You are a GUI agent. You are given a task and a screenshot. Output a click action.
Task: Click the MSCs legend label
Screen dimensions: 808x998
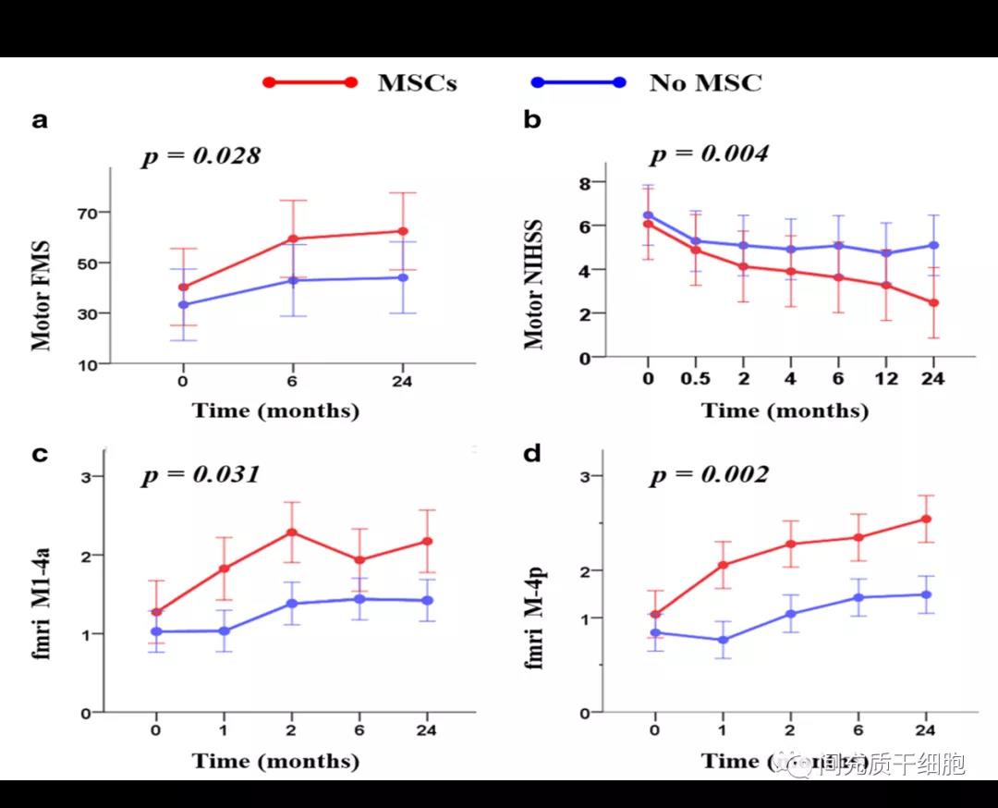click(x=417, y=82)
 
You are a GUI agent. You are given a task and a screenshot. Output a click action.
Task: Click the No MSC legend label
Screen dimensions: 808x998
click(x=705, y=82)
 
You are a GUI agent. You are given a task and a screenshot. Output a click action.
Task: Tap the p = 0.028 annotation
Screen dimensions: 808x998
click(x=201, y=156)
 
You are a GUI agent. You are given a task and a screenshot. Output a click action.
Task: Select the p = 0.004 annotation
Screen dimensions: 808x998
click(x=709, y=153)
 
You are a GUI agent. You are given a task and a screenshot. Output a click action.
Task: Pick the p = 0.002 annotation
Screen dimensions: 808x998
click(x=709, y=475)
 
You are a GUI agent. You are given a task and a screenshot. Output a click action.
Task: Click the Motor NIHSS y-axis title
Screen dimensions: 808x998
click(x=534, y=285)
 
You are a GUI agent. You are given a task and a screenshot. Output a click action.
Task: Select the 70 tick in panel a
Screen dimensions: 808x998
click(x=87, y=214)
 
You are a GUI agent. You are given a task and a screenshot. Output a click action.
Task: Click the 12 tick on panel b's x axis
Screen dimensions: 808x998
click(x=885, y=380)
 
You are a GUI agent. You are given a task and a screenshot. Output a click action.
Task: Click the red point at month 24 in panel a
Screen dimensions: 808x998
click(x=403, y=231)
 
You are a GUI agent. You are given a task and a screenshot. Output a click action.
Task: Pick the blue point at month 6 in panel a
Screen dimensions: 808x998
click(x=293, y=280)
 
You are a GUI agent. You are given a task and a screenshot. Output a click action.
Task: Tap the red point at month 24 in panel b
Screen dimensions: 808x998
click(x=933, y=302)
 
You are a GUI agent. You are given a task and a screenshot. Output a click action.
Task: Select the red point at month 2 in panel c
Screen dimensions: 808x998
click(x=292, y=533)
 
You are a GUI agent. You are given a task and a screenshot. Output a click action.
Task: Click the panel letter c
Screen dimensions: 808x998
click(x=40, y=454)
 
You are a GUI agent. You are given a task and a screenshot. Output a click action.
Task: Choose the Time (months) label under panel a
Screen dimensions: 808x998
click(x=275, y=410)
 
